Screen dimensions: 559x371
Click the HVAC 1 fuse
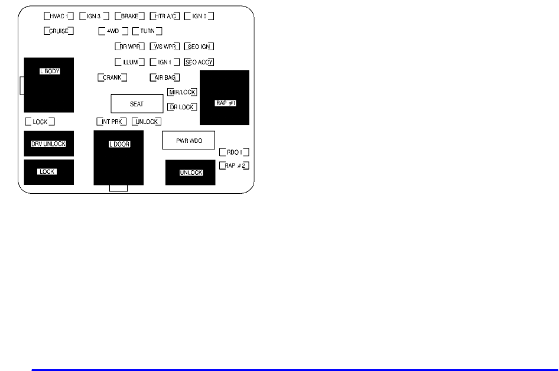click(x=58, y=16)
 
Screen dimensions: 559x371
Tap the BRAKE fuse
click(x=129, y=16)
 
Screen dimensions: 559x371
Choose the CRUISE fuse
click(x=58, y=31)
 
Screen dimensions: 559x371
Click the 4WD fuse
click(x=113, y=31)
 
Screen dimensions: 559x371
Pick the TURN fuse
click(x=147, y=31)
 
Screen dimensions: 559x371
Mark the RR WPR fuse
click(x=129, y=46)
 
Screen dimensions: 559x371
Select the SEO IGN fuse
click(x=199, y=46)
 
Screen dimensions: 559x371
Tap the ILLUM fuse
click(x=129, y=61)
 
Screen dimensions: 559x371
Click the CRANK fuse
click(x=112, y=77)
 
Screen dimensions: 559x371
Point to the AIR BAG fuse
click(x=164, y=77)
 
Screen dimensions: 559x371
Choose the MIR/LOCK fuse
click(x=182, y=92)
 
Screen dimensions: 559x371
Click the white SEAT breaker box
click(x=136, y=104)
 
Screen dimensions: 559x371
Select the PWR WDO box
click(x=188, y=141)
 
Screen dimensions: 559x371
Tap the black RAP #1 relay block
click(x=225, y=98)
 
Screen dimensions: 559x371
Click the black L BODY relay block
click(x=49, y=85)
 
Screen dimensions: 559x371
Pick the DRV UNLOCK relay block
click(x=48, y=144)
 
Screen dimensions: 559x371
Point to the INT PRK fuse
click(x=112, y=122)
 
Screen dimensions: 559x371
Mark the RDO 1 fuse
click(x=234, y=152)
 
